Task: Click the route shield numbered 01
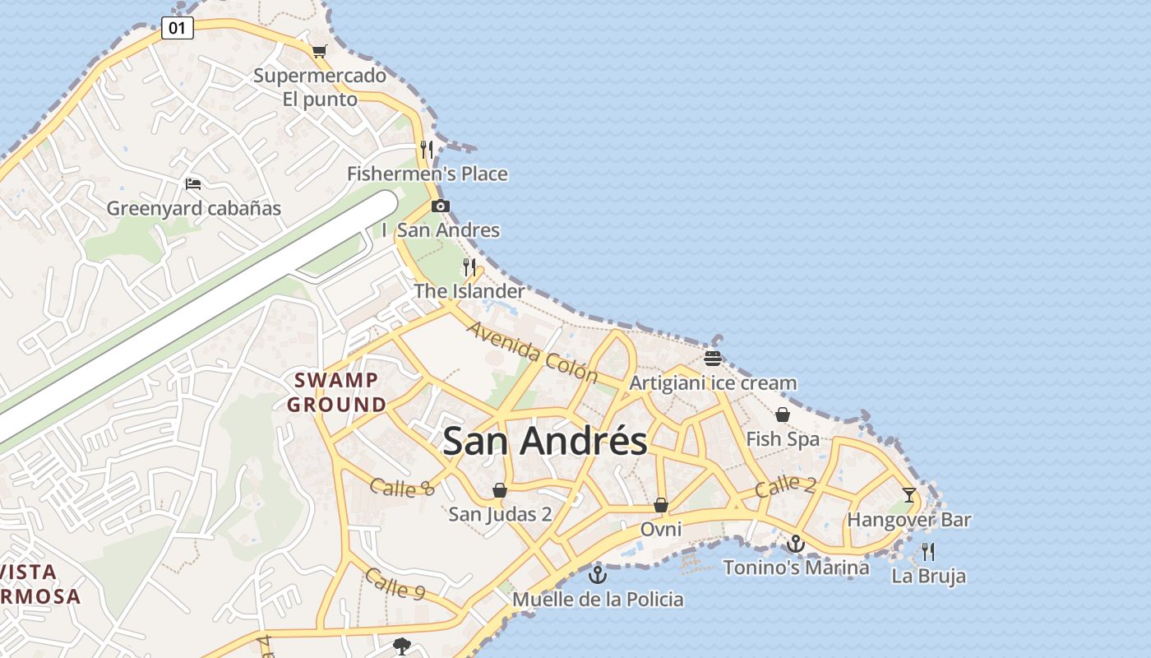tap(177, 28)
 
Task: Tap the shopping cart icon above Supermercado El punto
tap(319, 52)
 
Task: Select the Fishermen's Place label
tap(427, 174)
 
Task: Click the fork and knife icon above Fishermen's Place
tap(426, 150)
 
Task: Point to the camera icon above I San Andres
tap(441, 206)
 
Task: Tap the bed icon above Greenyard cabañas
tap(193, 183)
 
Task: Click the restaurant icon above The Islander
tap(469, 267)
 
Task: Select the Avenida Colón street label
tap(533, 352)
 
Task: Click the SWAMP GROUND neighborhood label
tap(337, 392)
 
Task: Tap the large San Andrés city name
tap(545, 441)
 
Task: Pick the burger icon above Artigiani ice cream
tap(712, 359)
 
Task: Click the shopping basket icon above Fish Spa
tap(783, 415)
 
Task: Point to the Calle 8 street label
tap(401, 487)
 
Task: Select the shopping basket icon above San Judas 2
tap(499, 491)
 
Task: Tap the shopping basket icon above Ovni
tap(661, 505)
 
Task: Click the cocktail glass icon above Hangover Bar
tap(908, 495)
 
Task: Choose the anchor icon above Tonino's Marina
tap(795, 544)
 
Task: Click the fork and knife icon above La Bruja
tap(928, 552)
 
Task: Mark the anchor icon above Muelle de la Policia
tap(598, 574)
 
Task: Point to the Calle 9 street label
tap(395, 584)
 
